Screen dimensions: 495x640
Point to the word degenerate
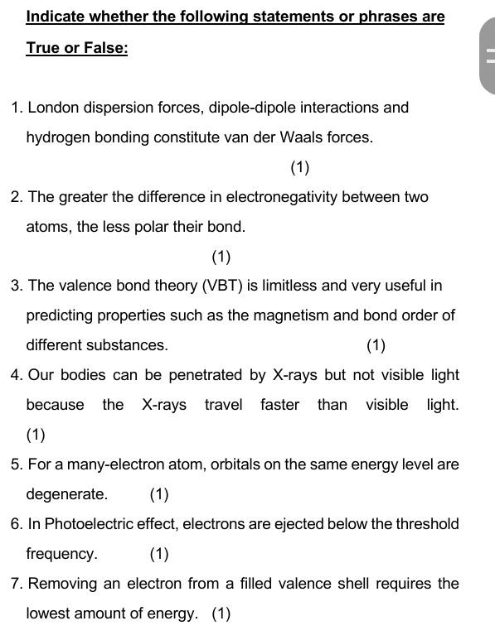click(x=66, y=494)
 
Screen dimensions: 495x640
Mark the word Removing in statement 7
click(x=62, y=584)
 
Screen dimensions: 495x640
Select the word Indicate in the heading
click(x=56, y=17)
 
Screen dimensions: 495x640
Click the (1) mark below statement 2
click(x=221, y=257)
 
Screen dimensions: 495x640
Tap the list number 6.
click(x=16, y=524)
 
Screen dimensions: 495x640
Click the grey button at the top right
click(x=488, y=56)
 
